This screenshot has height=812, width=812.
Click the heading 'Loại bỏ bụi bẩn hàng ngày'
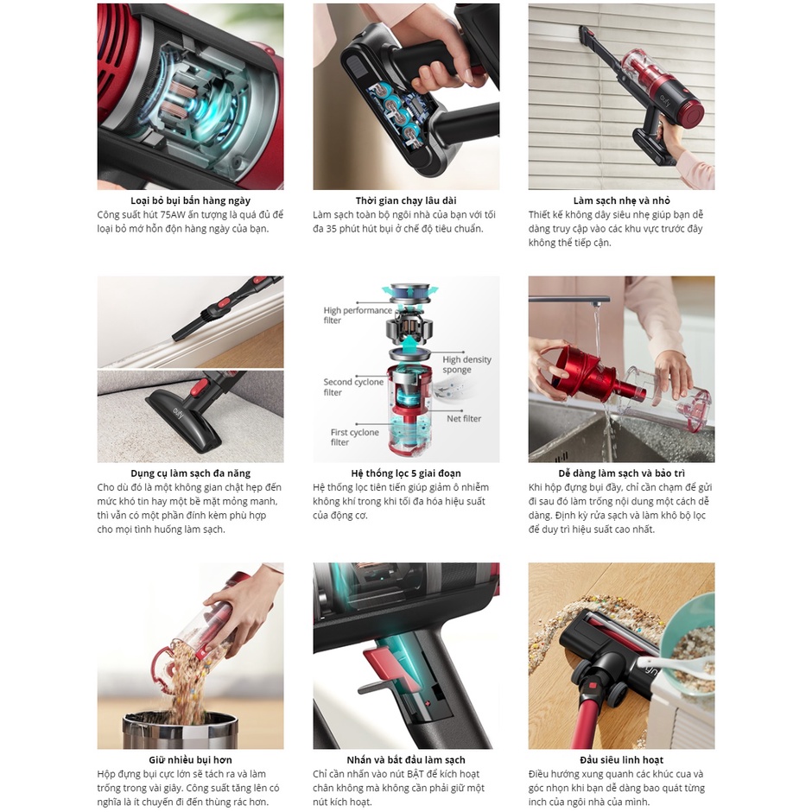[x=190, y=200]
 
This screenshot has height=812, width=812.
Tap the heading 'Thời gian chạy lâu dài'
[x=406, y=200]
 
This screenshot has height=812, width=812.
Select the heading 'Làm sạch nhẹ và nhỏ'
[x=621, y=200]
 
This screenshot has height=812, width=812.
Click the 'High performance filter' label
[x=358, y=314]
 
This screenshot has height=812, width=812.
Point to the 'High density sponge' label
[x=466, y=364]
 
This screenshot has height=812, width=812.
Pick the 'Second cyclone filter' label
[x=353, y=387]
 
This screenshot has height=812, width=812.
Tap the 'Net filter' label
[x=464, y=418]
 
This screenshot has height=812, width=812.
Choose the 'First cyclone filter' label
[x=355, y=437]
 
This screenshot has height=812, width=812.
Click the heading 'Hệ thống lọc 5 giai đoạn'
[x=406, y=473]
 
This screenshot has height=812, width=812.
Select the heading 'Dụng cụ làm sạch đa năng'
[x=190, y=473]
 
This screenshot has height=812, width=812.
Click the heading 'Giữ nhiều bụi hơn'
[x=190, y=759]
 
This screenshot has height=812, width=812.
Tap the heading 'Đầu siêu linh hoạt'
[x=621, y=759]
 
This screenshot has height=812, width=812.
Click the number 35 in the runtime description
[x=332, y=228]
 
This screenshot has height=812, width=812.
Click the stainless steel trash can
[x=181, y=730]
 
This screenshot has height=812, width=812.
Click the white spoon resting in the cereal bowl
[x=673, y=663]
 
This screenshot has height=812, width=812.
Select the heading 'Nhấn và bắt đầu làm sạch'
[x=406, y=759]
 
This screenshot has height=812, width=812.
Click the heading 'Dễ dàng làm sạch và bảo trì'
[x=621, y=473]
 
